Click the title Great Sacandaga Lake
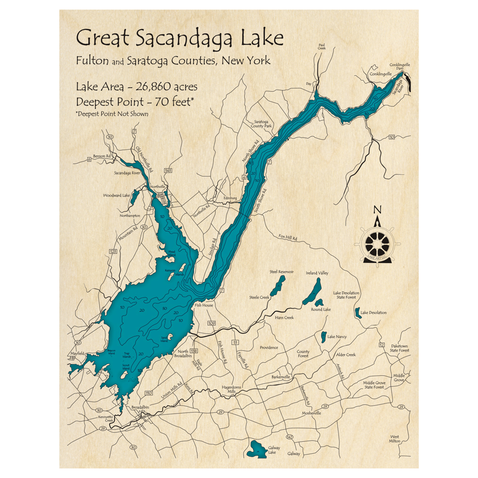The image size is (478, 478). (179, 38)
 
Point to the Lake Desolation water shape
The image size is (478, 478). (357, 313)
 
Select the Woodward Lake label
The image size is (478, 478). (116, 196)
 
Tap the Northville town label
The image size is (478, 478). (157, 186)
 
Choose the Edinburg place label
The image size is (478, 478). (230, 198)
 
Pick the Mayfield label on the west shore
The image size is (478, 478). (77, 353)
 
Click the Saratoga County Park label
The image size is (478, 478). (261, 124)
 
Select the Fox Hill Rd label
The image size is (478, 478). (288, 238)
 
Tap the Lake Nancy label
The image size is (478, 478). (337, 337)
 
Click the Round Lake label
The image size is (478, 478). (321, 310)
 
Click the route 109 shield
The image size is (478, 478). (212, 324)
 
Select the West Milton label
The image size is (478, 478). (394, 438)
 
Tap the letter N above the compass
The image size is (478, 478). (377, 209)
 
